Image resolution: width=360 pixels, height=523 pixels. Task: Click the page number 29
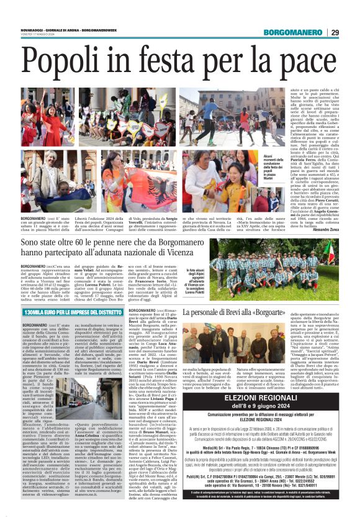tap(334, 33)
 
